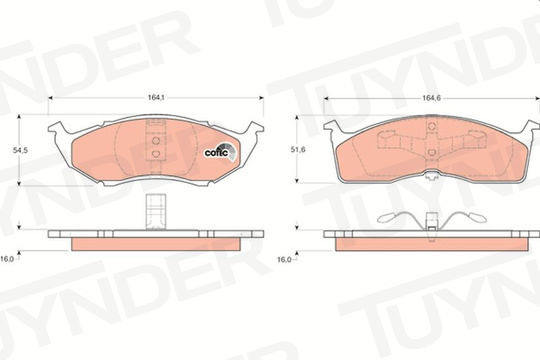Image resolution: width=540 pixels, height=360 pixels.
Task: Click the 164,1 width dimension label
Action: point(156,97)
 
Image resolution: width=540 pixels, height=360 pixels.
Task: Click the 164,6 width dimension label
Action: point(432,98)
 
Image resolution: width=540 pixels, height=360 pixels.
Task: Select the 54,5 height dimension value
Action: point(20,150)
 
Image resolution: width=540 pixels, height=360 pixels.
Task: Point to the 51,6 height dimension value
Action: point(298,150)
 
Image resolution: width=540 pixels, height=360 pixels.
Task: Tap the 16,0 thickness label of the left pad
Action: point(7,259)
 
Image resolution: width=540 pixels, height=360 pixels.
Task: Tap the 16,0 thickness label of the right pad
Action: point(284,259)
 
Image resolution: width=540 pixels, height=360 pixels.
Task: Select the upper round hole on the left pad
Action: point(156,141)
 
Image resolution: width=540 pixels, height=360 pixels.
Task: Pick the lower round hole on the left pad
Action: point(156,154)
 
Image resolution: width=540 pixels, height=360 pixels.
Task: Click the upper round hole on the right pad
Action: point(432,125)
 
